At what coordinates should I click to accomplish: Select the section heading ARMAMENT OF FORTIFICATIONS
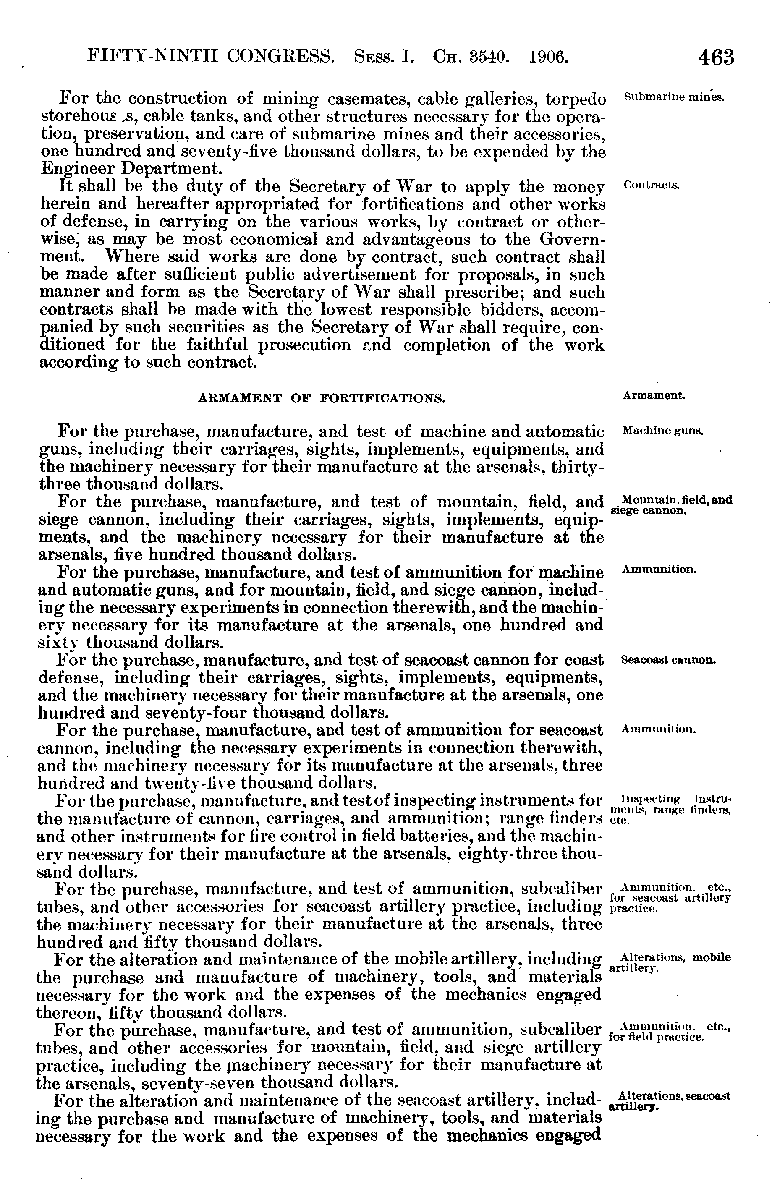(322, 399)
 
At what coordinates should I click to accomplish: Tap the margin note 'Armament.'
(654, 395)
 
